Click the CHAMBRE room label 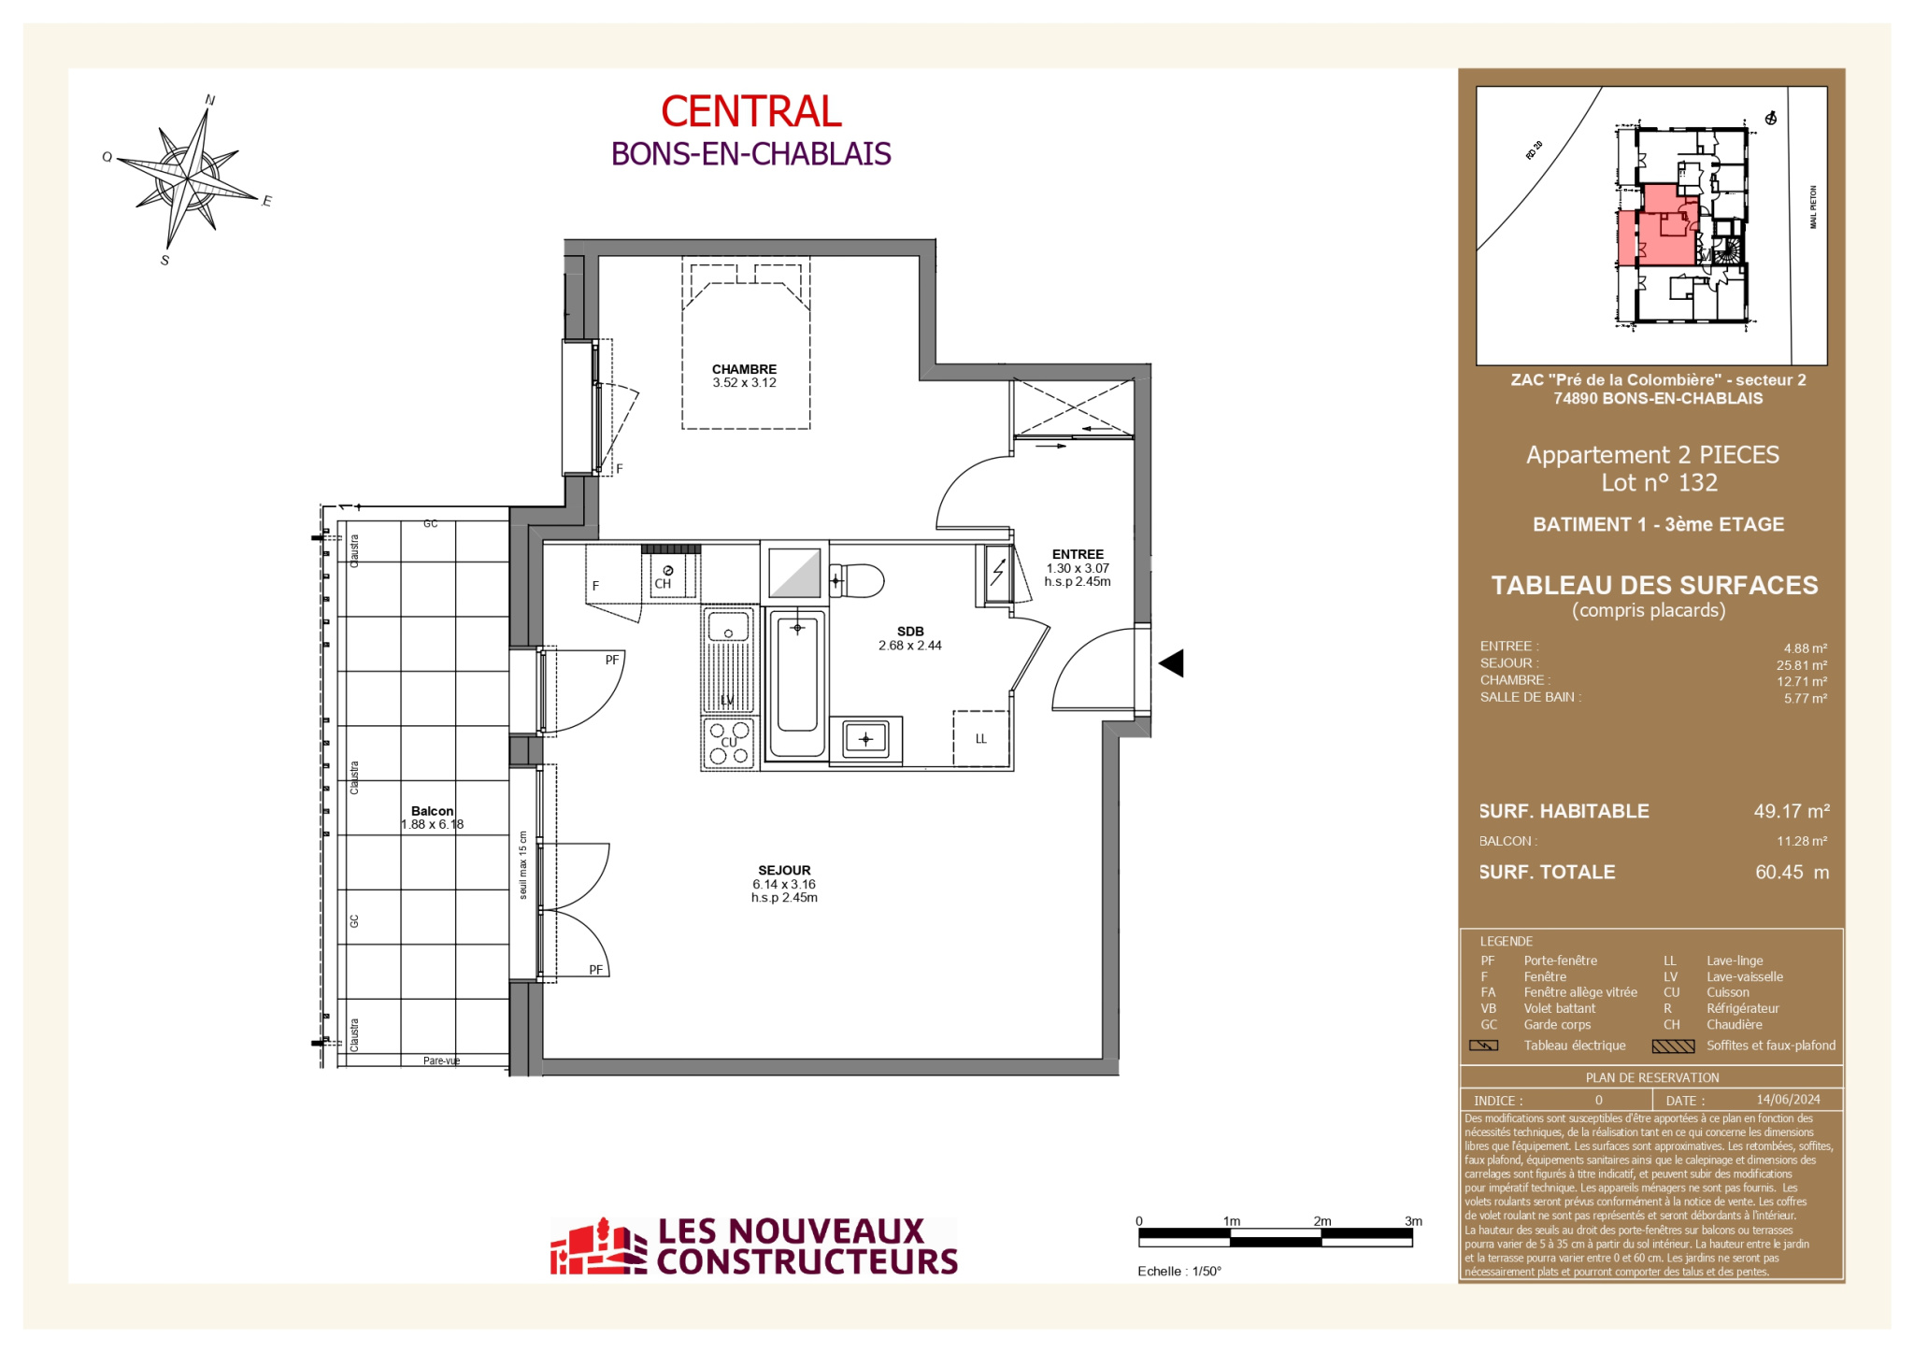pos(744,369)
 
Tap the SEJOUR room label pos(784,870)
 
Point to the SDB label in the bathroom pos(910,632)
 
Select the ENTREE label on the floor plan pos(1078,554)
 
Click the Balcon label pos(432,811)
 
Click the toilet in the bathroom pos(856,580)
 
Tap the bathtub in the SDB pos(796,683)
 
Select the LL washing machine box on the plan pos(981,738)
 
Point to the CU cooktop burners pos(729,743)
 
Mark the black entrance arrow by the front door pos(1171,663)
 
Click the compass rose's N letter pos(210,100)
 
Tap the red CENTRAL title pos(751,111)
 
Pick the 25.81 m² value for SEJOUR pos(1802,665)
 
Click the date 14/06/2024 pos(1788,1100)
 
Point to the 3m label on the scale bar pos(1413,1221)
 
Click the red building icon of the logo pos(598,1246)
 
